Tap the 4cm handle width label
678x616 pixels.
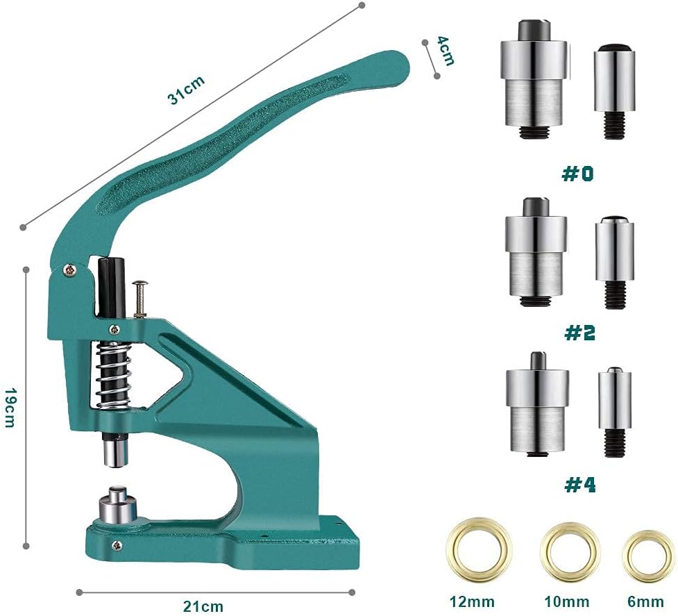445,51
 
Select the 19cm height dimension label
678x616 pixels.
10,407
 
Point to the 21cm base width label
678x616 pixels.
203,605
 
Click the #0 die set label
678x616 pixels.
577,174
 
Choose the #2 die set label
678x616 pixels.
579,333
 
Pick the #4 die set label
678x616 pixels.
579,484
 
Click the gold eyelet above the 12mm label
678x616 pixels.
480,549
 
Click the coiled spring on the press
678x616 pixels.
111,376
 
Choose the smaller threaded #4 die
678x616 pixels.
614,413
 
